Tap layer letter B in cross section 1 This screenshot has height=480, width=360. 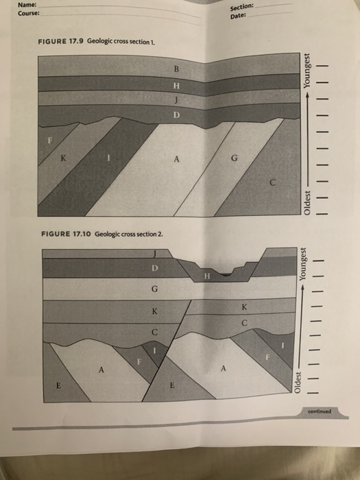click(x=176, y=69)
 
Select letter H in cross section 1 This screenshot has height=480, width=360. click(x=176, y=85)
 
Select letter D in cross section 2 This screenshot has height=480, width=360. click(x=156, y=267)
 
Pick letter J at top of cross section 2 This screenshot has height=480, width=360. click(x=156, y=254)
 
